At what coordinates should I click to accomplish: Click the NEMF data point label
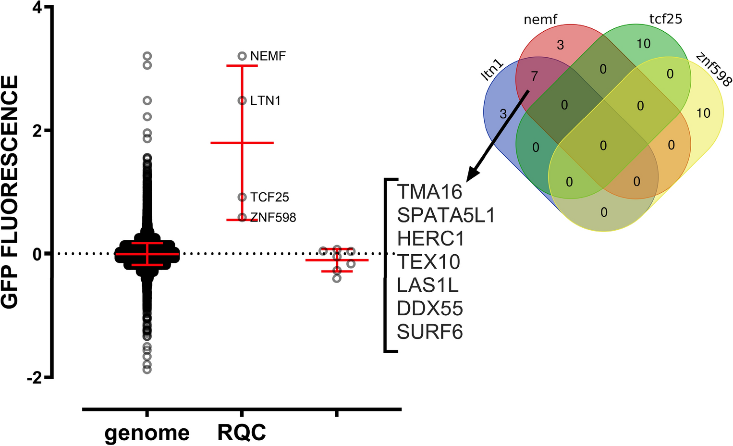click(x=268, y=56)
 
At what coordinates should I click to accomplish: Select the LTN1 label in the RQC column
click(x=265, y=101)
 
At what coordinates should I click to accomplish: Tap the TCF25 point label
click(x=269, y=198)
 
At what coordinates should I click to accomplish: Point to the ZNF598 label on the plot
click(x=273, y=218)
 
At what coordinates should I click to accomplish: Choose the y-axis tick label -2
click(x=35, y=378)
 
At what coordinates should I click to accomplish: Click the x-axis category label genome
click(x=147, y=433)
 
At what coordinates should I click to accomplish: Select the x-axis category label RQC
click(x=242, y=433)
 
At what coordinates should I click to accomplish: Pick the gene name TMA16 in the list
click(x=429, y=192)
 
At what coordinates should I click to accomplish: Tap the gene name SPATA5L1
click(x=446, y=215)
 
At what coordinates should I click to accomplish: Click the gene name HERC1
click(x=431, y=239)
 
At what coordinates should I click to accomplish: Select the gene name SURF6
click(x=430, y=332)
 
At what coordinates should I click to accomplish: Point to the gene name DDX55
click(x=430, y=309)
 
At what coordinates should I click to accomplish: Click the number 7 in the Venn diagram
click(x=534, y=76)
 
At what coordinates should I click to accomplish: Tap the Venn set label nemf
click(x=540, y=20)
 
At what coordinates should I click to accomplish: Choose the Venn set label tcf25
click(x=665, y=19)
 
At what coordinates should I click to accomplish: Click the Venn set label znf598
click(x=713, y=69)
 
